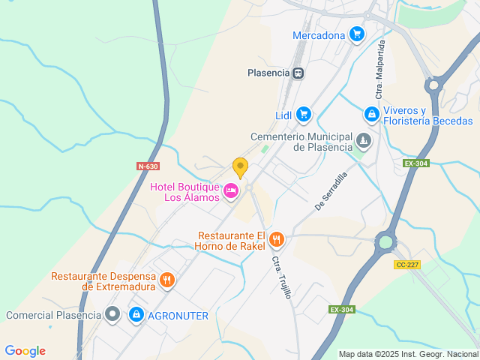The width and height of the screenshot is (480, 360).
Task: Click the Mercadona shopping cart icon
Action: [x=356, y=34]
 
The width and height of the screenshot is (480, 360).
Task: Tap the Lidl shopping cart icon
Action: [x=303, y=114]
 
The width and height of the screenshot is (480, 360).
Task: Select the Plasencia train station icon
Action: [x=298, y=73]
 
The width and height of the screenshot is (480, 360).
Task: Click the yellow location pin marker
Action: [x=240, y=166]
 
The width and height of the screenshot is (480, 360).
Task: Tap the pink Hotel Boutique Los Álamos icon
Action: [x=231, y=192]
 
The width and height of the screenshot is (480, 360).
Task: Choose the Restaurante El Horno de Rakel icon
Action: [x=276, y=240]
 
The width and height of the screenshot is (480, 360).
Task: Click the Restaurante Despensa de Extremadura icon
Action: [x=166, y=280]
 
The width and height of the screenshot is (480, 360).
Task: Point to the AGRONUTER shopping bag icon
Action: [x=136, y=315]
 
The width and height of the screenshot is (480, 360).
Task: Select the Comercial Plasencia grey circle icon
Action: [x=112, y=315]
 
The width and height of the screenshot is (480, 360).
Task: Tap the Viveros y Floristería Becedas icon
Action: [x=370, y=115]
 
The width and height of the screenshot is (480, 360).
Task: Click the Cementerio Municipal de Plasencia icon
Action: [x=363, y=141]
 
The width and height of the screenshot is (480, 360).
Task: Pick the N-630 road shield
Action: [x=148, y=166]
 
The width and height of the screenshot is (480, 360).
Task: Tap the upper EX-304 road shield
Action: [x=415, y=163]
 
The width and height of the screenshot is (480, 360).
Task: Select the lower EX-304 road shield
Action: [x=340, y=309]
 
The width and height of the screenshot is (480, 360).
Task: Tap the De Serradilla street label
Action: [x=331, y=191]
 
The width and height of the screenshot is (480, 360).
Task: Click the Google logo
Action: [x=25, y=351]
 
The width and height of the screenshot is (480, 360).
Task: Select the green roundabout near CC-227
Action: [x=385, y=241]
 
